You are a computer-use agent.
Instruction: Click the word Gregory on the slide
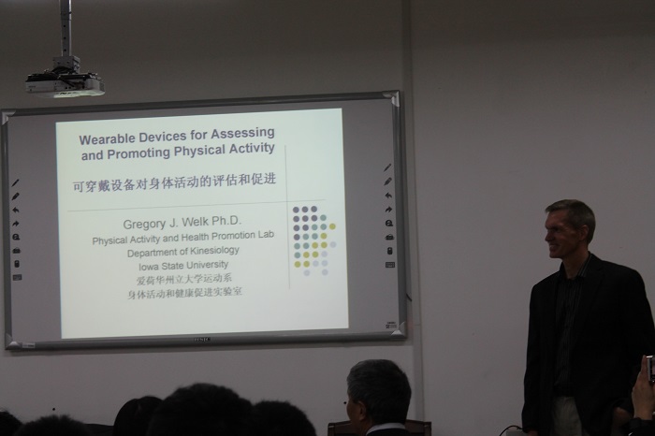pos(143,225)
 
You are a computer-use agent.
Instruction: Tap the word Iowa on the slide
pos(148,266)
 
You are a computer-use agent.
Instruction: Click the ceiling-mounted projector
pos(65,81)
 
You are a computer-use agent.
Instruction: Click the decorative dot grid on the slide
pos(314,241)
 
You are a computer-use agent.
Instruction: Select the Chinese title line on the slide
pos(175,182)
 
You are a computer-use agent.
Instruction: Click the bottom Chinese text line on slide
pos(184,292)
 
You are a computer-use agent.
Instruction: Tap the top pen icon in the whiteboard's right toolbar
pos(387,167)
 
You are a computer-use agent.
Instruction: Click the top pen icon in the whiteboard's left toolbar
pos(16,183)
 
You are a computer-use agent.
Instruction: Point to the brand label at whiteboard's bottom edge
pos(201,340)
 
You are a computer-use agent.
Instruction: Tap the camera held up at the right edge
pos(651,369)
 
